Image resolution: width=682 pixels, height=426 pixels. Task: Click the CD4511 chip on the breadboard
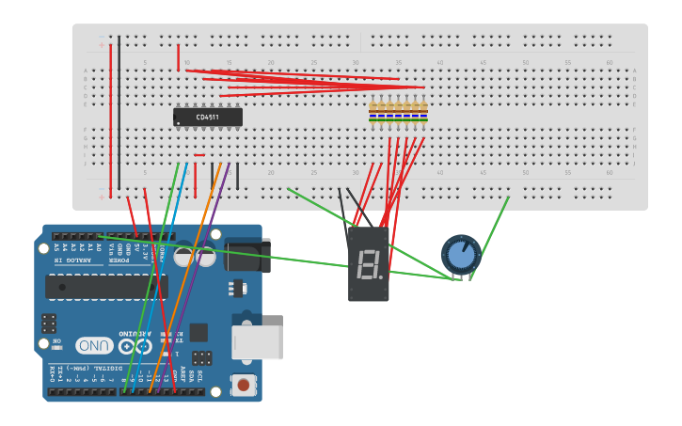click(208, 118)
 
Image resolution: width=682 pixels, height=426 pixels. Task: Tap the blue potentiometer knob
click(461, 254)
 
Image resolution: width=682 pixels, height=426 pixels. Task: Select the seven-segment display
click(369, 263)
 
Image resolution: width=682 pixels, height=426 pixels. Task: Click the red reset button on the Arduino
click(244, 384)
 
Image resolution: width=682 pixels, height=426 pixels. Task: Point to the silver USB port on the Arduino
click(258, 342)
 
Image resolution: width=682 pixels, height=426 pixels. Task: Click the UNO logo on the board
click(95, 345)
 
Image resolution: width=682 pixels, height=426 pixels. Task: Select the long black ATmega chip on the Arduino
click(105, 287)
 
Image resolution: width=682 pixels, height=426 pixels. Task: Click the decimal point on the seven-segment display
click(381, 276)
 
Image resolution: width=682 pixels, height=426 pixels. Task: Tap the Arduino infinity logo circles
click(134, 346)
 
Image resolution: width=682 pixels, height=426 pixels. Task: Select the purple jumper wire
click(202, 282)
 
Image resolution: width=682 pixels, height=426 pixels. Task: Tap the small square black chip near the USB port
click(198, 332)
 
